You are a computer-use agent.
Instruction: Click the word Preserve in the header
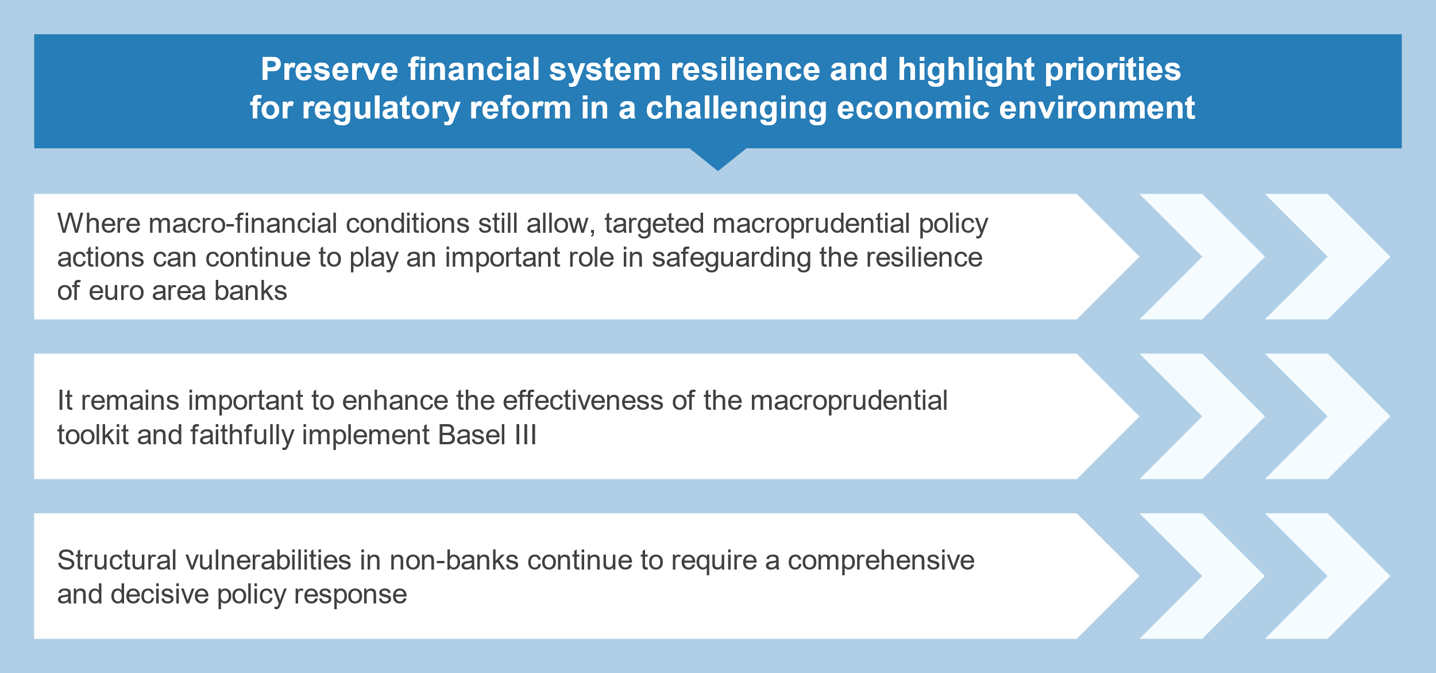(x=329, y=69)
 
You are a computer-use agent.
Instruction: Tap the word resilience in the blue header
(x=745, y=69)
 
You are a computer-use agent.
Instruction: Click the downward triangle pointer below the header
(x=718, y=159)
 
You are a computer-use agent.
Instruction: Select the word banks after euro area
(x=250, y=291)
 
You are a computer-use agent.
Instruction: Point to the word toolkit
(x=92, y=435)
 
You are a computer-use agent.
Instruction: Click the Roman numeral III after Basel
(x=525, y=435)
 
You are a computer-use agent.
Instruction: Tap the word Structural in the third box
(x=117, y=560)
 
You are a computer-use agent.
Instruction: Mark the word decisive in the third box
(x=160, y=594)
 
